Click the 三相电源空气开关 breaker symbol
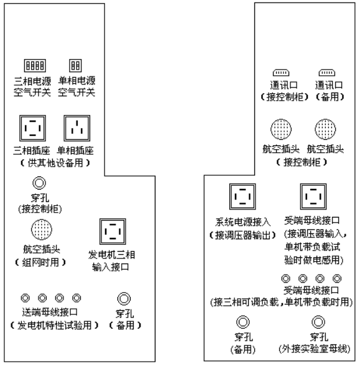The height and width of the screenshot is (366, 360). pyautogui.click(x=35, y=66)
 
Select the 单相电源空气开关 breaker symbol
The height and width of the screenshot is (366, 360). pyautogui.click(x=75, y=66)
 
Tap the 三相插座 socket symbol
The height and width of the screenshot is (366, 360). pyautogui.click(x=32, y=128)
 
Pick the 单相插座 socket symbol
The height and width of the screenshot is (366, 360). pyautogui.click(x=77, y=128)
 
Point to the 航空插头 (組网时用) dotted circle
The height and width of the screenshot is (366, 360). pyautogui.click(x=42, y=229)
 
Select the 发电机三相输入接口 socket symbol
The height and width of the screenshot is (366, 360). pyautogui.click(x=113, y=232)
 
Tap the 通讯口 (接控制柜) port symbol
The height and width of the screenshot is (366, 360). pyautogui.click(x=281, y=73)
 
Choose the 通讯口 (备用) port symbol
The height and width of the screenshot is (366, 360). pyautogui.click(x=327, y=73)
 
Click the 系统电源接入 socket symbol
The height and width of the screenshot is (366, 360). pyautogui.click(x=242, y=196)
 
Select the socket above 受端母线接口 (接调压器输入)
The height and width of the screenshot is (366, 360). pyautogui.click(x=313, y=196)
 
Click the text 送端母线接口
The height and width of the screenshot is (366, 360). pyautogui.click(x=50, y=312)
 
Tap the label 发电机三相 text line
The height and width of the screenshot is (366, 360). pyautogui.click(x=111, y=255)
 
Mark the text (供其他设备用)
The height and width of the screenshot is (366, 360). pyautogui.click(x=55, y=163)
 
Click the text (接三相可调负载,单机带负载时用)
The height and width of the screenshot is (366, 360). pyautogui.click(x=281, y=302)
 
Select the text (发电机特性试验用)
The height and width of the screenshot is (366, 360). pyautogui.click(x=55, y=325)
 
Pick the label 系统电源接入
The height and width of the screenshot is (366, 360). pyautogui.click(x=243, y=222)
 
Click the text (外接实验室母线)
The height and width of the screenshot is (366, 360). pyautogui.click(x=315, y=349)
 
